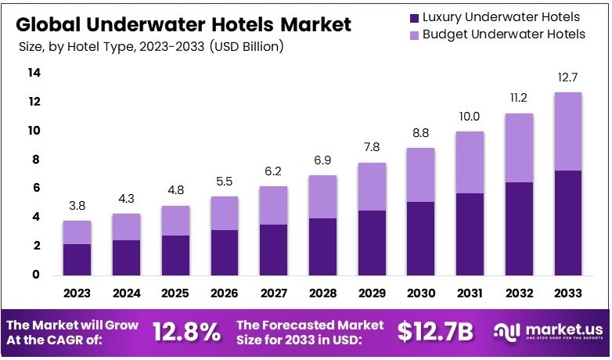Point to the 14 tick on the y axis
[x=34, y=73]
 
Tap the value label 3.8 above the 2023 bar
[x=77, y=205]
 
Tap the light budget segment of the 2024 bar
[x=125, y=227]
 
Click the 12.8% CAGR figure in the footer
[x=186, y=332]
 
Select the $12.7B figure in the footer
[x=434, y=332]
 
